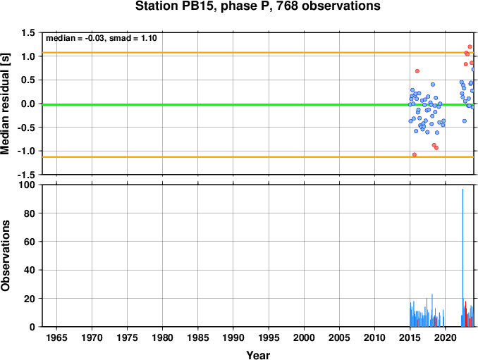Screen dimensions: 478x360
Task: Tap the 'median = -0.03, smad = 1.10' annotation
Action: (102, 38)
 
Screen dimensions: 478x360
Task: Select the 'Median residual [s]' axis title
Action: (5, 104)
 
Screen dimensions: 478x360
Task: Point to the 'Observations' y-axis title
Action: (5, 256)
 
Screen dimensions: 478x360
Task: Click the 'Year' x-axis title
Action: (258, 355)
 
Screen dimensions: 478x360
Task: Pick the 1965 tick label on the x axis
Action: (56, 337)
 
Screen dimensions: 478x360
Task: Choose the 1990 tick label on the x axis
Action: (233, 337)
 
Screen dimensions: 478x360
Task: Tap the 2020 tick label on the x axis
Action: (445, 337)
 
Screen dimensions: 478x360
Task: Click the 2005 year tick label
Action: (339, 337)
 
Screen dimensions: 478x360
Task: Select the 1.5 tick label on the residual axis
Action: (28, 32)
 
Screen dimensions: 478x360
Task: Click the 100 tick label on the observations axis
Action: (27, 185)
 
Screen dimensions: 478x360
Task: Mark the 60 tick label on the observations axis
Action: (30, 242)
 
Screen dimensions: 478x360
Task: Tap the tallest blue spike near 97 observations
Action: (462, 258)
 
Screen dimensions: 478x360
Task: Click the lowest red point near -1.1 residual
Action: (415, 155)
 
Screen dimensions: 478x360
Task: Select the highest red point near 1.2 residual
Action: (470, 47)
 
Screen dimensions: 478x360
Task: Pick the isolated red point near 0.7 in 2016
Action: (417, 71)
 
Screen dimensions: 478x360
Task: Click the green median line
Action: (258, 105)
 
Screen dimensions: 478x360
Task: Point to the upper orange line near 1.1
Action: (258, 53)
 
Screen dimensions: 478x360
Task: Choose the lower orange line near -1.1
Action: (258, 157)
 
